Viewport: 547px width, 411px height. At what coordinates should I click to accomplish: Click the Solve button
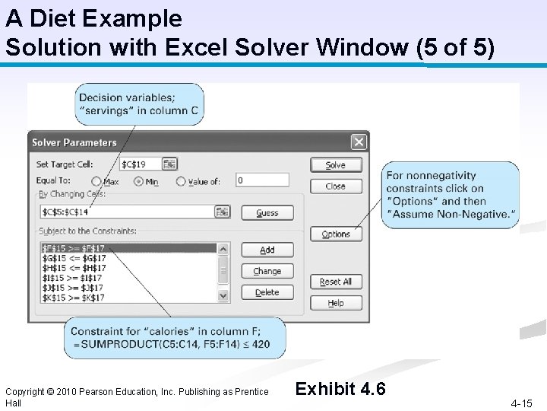pos(336,164)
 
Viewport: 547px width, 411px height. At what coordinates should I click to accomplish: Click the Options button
pos(336,234)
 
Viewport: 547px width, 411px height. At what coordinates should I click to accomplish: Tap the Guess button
pos(267,213)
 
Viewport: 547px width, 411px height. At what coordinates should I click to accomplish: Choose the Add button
pos(267,250)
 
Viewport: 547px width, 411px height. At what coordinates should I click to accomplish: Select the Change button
pos(267,271)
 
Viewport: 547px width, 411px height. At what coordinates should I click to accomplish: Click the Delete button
pos(267,292)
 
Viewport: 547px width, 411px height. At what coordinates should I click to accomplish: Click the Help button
pos(336,303)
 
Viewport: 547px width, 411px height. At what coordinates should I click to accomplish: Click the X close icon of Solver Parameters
pos(359,142)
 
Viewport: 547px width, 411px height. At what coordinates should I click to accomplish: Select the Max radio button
pos(96,181)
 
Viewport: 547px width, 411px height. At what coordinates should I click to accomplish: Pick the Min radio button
pos(138,181)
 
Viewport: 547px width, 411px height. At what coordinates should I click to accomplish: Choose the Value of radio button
pos(181,181)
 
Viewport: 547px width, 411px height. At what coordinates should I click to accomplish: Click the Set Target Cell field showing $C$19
pos(140,164)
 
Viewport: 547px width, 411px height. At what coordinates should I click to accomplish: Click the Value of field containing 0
pos(261,180)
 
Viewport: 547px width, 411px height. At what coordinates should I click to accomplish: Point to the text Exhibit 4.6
pos(340,389)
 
